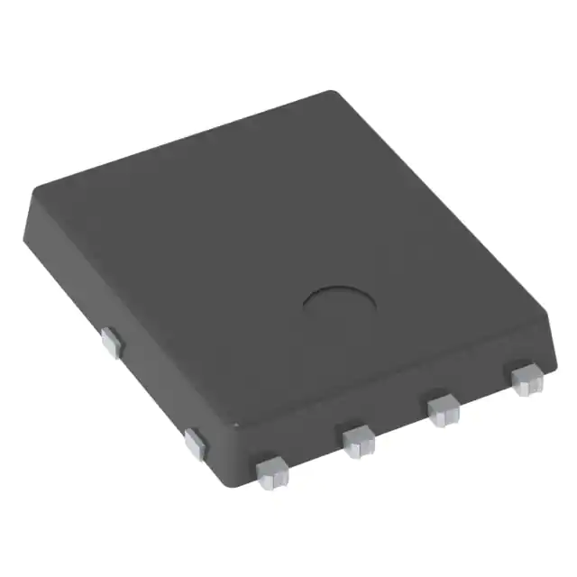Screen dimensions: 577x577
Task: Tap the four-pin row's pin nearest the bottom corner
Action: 271,472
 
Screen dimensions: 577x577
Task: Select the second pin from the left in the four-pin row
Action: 358,440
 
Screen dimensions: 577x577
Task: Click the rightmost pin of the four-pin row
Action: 525,379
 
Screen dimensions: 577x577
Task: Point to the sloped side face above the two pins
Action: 135,325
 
